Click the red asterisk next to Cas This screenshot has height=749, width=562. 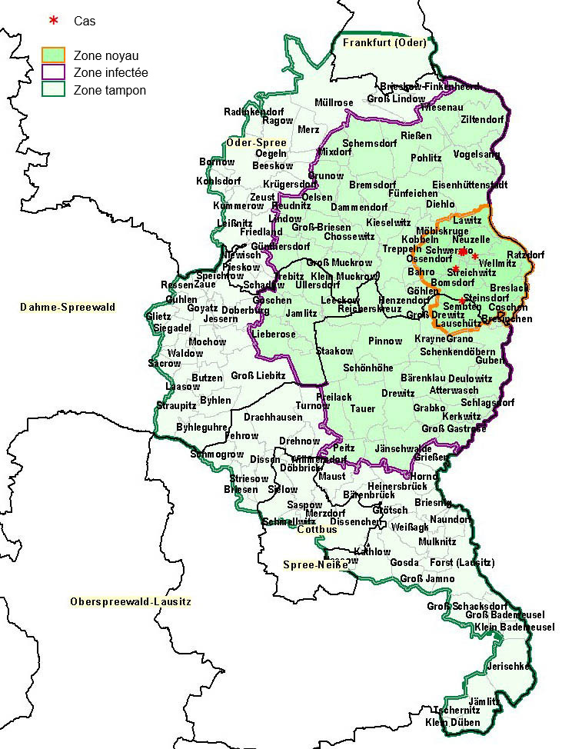[53, 20]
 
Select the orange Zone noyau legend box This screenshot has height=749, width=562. [53, 55]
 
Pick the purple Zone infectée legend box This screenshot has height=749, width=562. [53, 72]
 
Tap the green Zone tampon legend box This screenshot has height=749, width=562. [53, 90]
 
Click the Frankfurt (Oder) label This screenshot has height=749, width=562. [384, 43]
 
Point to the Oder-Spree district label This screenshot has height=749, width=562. [257, 142]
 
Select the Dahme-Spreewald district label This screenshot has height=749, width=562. [68, 307]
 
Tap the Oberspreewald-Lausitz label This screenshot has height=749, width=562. [130, 601]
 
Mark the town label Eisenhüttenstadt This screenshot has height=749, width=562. [470, 185]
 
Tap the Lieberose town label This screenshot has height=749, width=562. [274, 335]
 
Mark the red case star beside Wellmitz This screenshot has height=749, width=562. [475, 256]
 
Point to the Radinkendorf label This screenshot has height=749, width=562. [254, 112]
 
